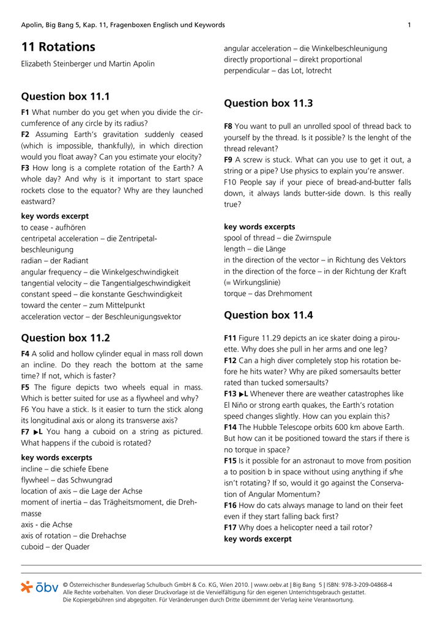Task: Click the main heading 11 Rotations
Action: pos(58,47)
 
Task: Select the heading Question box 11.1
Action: pos(65,97)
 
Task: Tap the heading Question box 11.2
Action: pos(65,337)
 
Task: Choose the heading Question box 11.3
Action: pos(269,103)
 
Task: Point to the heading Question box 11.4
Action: pos(269,315)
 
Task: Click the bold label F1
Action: pos(25,112)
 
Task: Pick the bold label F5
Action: pos(25,388)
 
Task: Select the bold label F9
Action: pos(228,160)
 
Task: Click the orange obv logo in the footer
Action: pos(40,588)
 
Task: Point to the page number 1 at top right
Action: pos(409,25)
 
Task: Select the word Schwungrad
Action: pos(85,481)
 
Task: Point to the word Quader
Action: pos(76,547)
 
